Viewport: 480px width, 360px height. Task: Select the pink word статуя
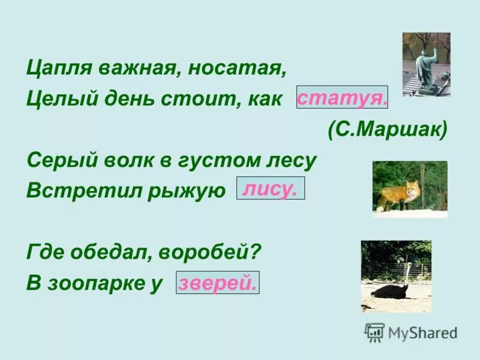click(x=342, y=98)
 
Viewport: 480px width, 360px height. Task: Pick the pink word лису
click(x=270, y=189)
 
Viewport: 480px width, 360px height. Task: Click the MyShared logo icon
click(x=374, y=332)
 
